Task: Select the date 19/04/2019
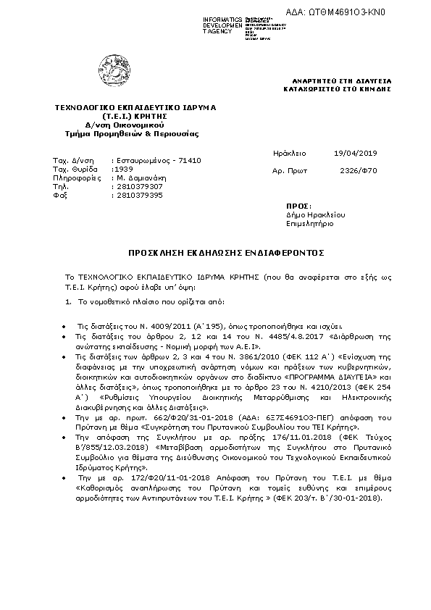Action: [x=352, y=154]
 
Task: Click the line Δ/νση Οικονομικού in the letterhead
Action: [x=126, y=125]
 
